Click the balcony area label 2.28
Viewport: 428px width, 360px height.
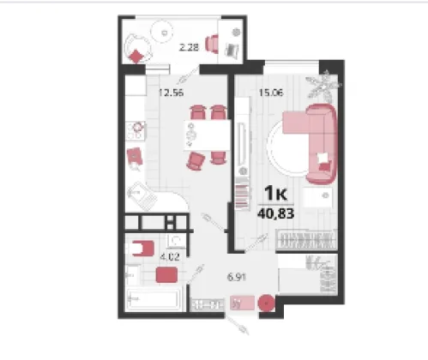(189, 47)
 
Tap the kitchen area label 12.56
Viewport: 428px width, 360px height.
(171, 93)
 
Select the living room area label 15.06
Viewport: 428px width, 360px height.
(271, 93)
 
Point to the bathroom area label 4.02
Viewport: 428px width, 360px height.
(170, 257)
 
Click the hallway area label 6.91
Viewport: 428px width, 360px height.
(237, 277)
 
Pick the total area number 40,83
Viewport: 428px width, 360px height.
(276, 213)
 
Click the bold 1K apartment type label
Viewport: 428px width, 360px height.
(275, 194)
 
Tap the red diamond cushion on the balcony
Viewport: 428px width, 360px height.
(136, 57)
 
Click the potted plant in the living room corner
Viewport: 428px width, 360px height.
(324, 85)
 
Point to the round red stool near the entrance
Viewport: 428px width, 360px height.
(267, 303)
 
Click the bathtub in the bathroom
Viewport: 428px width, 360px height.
(154, 299)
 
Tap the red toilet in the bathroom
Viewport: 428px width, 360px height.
(142, 249)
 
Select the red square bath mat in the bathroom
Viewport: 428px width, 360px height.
(166, 274)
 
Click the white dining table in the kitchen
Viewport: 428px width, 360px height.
(207, 135)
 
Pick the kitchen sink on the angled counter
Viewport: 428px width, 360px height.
(142, 196)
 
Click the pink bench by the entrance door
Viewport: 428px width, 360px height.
(242, 303)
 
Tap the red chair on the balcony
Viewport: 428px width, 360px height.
(212, 44)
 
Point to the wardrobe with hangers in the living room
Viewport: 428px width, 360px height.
(307, 239)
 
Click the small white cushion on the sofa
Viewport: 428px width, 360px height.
(323, 158)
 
